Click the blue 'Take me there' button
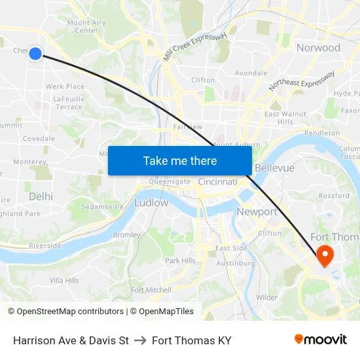(x=180, y=160)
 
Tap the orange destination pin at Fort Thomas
(x=324, y=253)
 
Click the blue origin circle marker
(x=35, y=54)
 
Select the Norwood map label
(x=318, y=48)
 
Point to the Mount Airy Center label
(x=86, y=26)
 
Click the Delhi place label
(x=41, y=196)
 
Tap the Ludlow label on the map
(x=151, y=203)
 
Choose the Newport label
(x=257, y=212)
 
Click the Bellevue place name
(x=275, y=168)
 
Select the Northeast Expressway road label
(x=301, y=81)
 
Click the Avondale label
(x=251, y=73)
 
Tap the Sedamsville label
(x=103, y=206)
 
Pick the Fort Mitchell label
(x=151, y=290)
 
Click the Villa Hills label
(x=64, y=280)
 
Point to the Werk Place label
(x=65, y=86)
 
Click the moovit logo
(x=320, y=339)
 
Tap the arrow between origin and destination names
(x=140, y=340)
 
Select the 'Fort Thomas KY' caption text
(x=191, y=340)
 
